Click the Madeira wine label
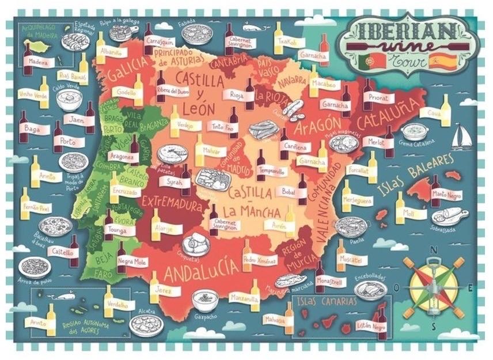[38, 62]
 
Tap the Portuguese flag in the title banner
[367, 60]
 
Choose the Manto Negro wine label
[444, 195]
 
